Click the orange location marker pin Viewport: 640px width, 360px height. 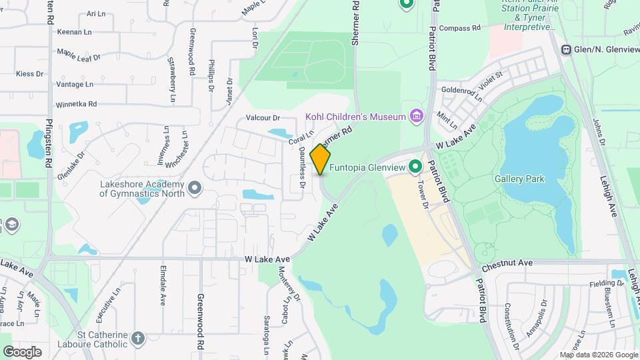[x=321, y=159]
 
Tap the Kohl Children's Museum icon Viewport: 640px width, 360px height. [x=417, y=117]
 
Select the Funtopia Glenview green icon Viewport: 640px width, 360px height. [x=415, y=166]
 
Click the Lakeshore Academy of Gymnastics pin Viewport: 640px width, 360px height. [x=195, y=189]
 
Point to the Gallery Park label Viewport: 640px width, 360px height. [x=520, y=179]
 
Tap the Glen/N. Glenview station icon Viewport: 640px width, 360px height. [x=566, y=49]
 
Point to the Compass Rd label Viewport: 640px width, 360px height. [x=460, y=29]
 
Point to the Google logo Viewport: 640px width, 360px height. [x=22, y=351]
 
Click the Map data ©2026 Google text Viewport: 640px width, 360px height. [x=598, y=355]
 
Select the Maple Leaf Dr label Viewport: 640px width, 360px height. [x=78, y=53]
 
